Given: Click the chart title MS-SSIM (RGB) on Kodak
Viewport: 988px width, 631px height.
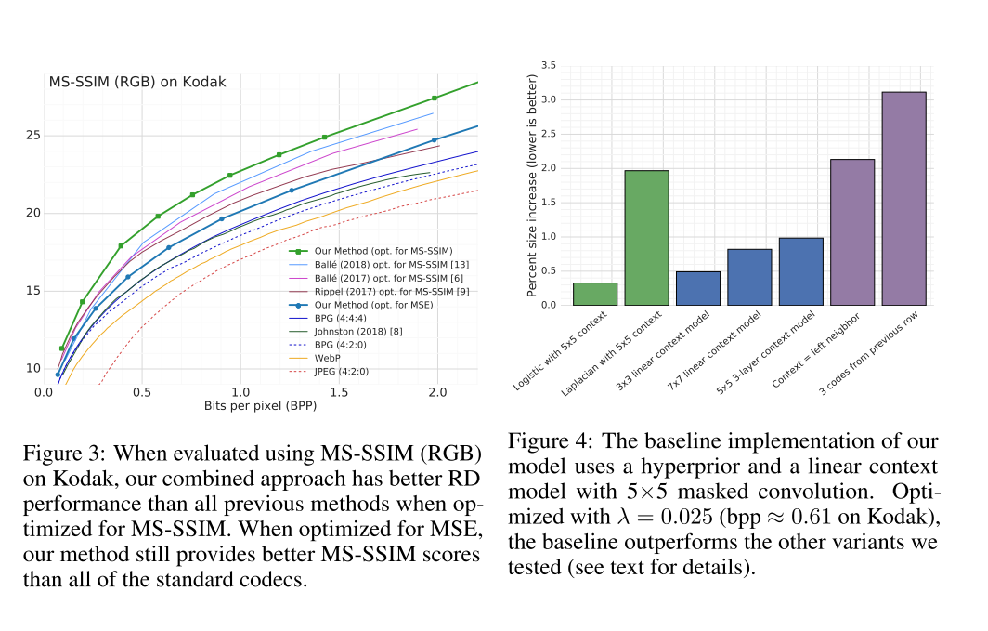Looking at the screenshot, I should pyautogui.click(x=136, y=82).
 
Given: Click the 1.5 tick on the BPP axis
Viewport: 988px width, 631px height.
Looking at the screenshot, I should pyautogui.click(x=339, y=392).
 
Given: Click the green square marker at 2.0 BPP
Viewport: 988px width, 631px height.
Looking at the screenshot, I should pyautogui.click(x=434, y=99).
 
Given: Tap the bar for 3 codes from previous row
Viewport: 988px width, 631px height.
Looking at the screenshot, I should pyautogui.click(x=903, y=198).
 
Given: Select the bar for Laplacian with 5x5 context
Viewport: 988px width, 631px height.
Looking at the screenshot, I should pyautogui.click(x=646, y=238).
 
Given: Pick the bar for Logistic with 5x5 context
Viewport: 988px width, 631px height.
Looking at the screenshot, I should pyautogui.click(x=595, y=294).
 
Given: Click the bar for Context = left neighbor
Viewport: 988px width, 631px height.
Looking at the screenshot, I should pyautogui.click(x=851, y=232).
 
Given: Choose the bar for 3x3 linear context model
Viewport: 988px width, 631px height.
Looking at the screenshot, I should pyautogui.click(x=698, y=288).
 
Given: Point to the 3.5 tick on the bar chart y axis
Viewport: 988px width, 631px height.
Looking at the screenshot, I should pyautogui.click(x=548, y=65).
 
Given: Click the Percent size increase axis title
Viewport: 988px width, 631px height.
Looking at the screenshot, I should pyautogui.click(x=533, y=185).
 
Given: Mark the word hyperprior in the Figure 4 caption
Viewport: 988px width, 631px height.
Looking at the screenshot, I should pyautogui.click(x=764, y=467).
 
